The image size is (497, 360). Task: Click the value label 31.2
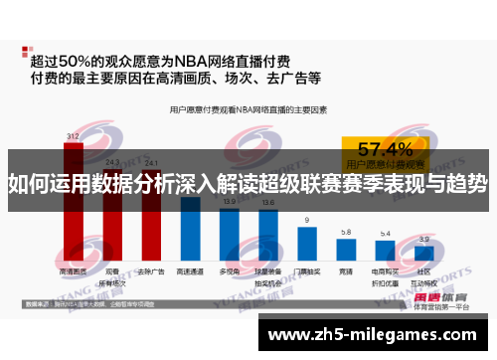tap(73, 134)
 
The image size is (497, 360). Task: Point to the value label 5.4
tap(385, 234)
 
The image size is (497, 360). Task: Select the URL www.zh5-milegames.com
tap(377, 335)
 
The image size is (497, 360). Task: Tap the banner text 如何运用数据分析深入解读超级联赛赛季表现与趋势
tap(248, 183)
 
